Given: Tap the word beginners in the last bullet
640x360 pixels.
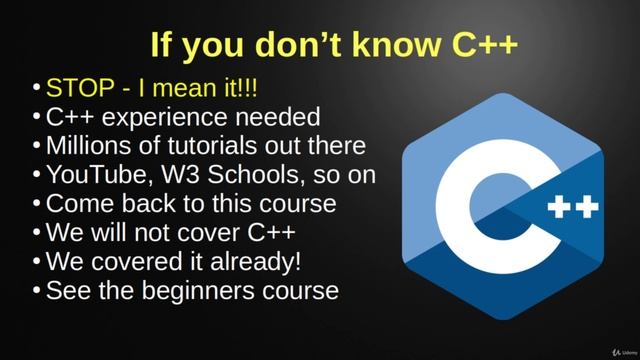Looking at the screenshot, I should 200,292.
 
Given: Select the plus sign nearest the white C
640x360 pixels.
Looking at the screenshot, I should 563,208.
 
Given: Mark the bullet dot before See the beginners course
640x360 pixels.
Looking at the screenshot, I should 37,293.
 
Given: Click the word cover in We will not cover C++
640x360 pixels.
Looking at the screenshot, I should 220,234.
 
